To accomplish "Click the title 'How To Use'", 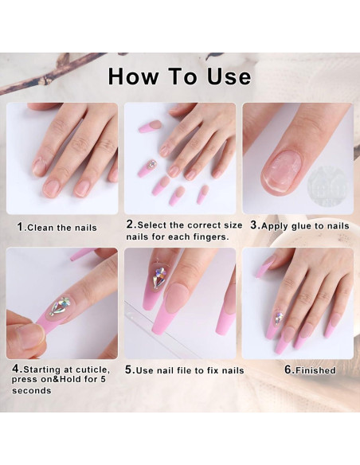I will tap(179, 76).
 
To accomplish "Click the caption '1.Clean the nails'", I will tap(57, 227).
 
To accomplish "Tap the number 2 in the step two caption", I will tap(131, 225).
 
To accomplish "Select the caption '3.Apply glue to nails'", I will tap(299, 225).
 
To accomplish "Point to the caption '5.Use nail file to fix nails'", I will tap(185, 370).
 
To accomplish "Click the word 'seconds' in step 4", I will tap(32, 390).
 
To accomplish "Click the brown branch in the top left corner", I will tap(48, 73).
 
